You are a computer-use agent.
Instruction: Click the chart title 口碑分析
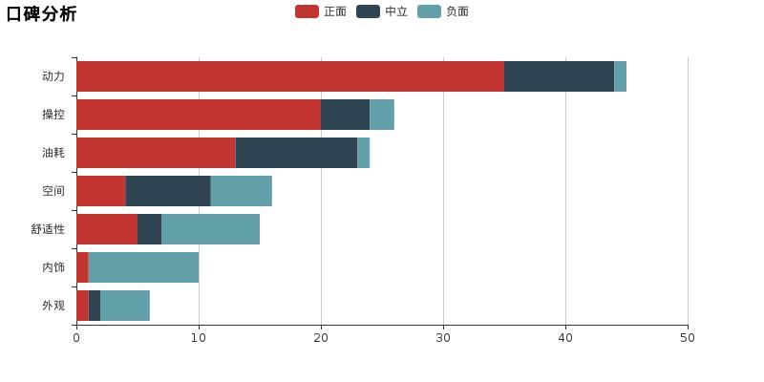tap(41, 14)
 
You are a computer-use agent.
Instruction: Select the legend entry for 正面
tap(321, 11)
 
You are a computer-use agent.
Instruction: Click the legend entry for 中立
tap(382, 11)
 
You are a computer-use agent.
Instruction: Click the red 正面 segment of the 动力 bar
tap(290, 76)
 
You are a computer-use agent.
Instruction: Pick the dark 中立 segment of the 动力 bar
tap(559, 76)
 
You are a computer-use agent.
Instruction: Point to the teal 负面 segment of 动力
tap(620, 76)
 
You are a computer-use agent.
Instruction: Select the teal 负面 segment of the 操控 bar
tap(382, 115)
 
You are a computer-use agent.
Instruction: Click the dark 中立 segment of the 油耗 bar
tap(296, 153)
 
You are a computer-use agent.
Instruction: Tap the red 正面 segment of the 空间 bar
tap(100, 191)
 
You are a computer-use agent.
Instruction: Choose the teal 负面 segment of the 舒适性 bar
tap(210, 229)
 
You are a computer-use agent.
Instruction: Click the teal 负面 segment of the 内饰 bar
tap(143, 267)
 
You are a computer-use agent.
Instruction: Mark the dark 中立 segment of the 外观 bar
tap(95, 306)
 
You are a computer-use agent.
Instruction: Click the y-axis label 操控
tap(53, 115)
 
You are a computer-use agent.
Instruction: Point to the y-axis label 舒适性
tap(48, 229)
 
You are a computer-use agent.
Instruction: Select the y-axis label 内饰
tap(53, 267)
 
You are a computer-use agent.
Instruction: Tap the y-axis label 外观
tap(53, 306)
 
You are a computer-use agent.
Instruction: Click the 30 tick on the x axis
tap(443, 337)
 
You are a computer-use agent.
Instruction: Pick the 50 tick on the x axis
tap(688, 337)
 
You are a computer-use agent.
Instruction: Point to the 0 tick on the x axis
tap(76, 337)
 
